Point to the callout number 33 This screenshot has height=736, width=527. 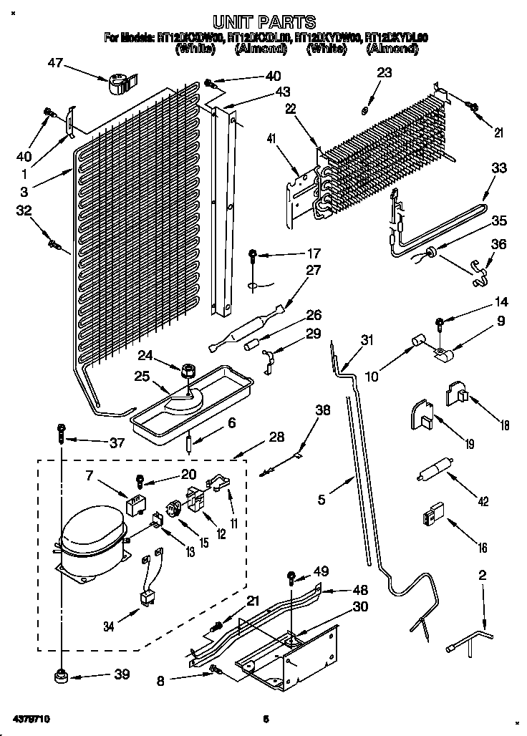[498, 168]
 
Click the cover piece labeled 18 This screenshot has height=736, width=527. [456, 392]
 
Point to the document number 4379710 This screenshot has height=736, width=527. [31, 717]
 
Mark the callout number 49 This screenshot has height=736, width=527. [321, 571]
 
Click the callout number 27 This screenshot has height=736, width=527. [313, 271]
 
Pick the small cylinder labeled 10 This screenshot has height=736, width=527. [416, 347]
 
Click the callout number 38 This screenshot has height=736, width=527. [324, 410]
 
